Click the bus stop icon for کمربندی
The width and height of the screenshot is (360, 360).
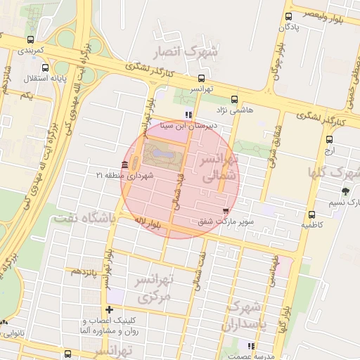30,40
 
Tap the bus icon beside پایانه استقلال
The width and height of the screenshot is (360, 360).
46,68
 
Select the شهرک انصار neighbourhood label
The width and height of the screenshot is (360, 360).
184,51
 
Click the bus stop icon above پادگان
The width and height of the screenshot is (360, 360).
288,17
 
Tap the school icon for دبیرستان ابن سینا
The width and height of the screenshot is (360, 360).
188,115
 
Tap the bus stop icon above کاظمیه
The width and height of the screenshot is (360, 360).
311,214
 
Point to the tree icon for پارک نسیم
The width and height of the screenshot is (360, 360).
345,191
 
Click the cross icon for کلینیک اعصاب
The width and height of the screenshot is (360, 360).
108,309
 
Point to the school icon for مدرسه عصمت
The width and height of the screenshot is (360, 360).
251,345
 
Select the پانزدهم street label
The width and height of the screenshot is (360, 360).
82,270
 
